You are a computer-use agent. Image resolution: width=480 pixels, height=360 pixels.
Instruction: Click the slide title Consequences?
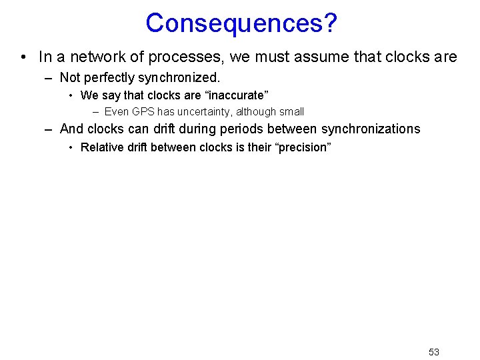click(241, 23)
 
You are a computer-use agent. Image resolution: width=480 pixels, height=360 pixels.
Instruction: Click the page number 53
click(434, 352)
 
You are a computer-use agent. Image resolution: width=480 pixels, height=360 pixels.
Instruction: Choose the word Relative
click(100, 147)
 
